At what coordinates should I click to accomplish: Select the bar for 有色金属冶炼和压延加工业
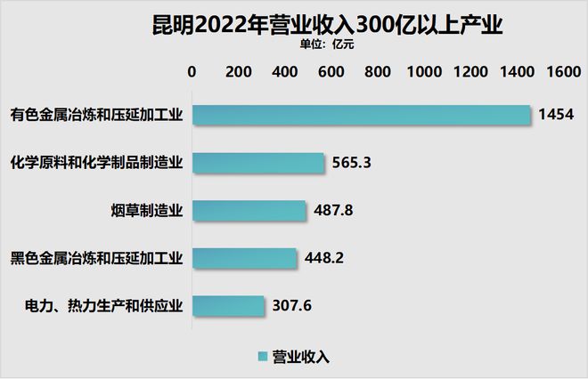click(362, 114)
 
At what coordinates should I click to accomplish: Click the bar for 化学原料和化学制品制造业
click(258, 163)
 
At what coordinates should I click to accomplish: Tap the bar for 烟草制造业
click(249, 211)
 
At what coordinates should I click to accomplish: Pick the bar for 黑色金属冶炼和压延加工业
click(245, 259)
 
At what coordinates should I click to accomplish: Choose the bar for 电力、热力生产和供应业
click(228, 306)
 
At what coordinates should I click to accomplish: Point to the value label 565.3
click(353, 163)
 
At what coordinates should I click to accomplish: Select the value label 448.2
click(325, 259)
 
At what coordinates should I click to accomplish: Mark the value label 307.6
click(292, 307)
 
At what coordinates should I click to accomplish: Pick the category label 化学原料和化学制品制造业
click(96, 163)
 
